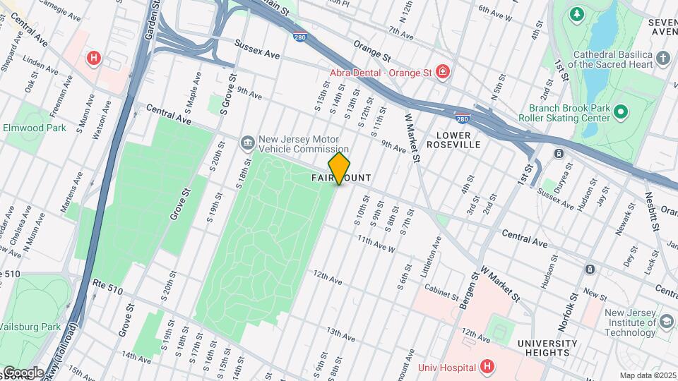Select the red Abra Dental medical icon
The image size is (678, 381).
point(442,71)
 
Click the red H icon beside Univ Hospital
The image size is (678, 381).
point(486,366)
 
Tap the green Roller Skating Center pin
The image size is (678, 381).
point(621,112)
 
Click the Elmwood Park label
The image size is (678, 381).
point(34,128)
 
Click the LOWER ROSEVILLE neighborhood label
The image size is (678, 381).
point(458,139)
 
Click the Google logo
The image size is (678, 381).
point(23,372)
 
